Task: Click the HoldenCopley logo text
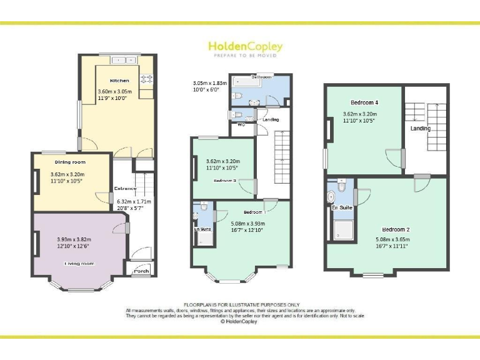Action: tap(245, 47)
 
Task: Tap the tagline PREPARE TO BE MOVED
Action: tap(245, 56)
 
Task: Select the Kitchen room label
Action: tap(119, 81)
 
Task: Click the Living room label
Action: tap(79, 263)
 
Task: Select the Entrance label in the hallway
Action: tap(125, 188)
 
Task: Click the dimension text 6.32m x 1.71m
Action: tap(134, 202)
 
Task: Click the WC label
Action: tap(241, 124)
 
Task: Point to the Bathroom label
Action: tap(261, 76)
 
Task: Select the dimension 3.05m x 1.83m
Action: tap(209, 83)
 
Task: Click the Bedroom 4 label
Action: tap(364, 102)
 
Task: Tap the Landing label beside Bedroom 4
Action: tap(420, 129)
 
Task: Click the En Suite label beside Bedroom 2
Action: tap(342, 207)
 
